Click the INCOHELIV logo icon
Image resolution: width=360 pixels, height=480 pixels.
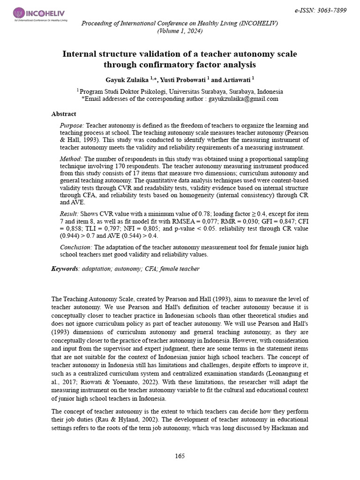(x=19, y=13)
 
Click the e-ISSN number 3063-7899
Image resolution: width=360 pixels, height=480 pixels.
(x=331, y=10)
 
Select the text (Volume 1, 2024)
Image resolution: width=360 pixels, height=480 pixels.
(x=180, y=31)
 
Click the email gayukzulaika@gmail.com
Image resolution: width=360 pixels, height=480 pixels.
(x=243, y=99)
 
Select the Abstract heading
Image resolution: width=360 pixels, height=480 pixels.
(x=63, y=114)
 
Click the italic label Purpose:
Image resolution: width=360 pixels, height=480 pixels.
(x=72, y=126)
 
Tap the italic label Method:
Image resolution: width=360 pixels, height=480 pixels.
(x=71, y=159)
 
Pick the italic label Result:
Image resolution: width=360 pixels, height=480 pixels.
(x=70, y=214)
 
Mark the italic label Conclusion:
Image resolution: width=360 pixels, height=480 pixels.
(x=76, y=247)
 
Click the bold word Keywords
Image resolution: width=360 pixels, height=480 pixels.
(x=64, y=269)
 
